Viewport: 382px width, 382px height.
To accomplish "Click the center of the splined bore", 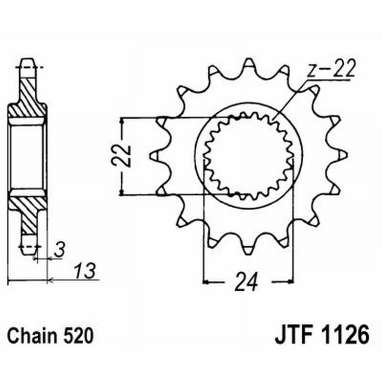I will point(248,155).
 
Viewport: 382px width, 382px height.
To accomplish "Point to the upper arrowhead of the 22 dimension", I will point(123,121).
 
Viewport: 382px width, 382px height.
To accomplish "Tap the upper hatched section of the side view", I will point(29,98).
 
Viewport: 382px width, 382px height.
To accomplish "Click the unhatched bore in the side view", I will point(28,155).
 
